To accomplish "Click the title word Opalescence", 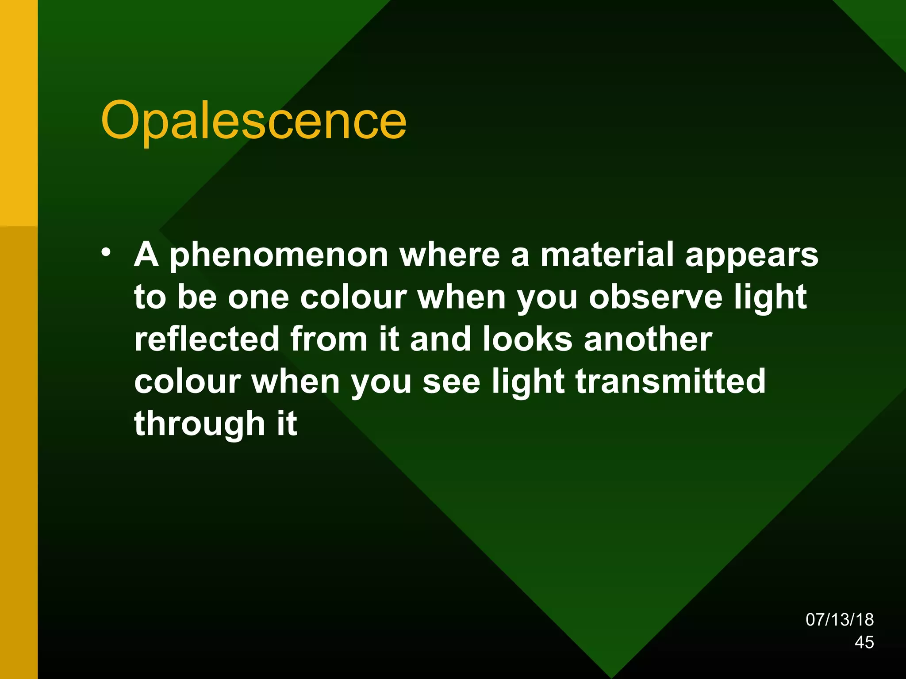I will [253, 120].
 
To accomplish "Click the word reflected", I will [207, 339].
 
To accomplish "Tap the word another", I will [648, 339].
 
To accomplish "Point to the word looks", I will [528, 339].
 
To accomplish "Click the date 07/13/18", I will [839, 619].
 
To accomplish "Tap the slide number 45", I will [864, 642].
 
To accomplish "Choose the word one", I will [258, 298].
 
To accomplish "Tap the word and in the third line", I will [441, 339].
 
